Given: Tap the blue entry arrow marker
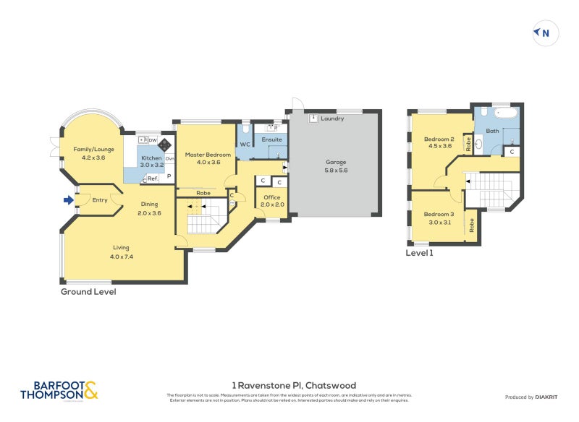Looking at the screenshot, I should click(69, 200).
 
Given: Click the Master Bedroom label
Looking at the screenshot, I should click(208, 158).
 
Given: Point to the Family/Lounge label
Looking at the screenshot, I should click(94, 152).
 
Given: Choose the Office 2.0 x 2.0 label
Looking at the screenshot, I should click(271, 201).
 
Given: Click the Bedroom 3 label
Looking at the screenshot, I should click(439, 218).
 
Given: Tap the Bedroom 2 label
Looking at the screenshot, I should click(439, 142).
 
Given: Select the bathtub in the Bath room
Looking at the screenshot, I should click(504, 114).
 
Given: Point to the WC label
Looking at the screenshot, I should click(245, 144).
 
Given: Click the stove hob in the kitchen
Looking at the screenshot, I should click(164, 144).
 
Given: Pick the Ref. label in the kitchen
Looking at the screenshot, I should click(152, 178).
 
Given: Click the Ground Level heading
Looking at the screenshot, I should click(88, 292).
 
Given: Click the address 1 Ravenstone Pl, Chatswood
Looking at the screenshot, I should click(293, 385).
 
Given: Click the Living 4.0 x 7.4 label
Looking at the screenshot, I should click(121, 251).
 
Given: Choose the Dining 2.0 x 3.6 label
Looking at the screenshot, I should click(150, 208).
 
